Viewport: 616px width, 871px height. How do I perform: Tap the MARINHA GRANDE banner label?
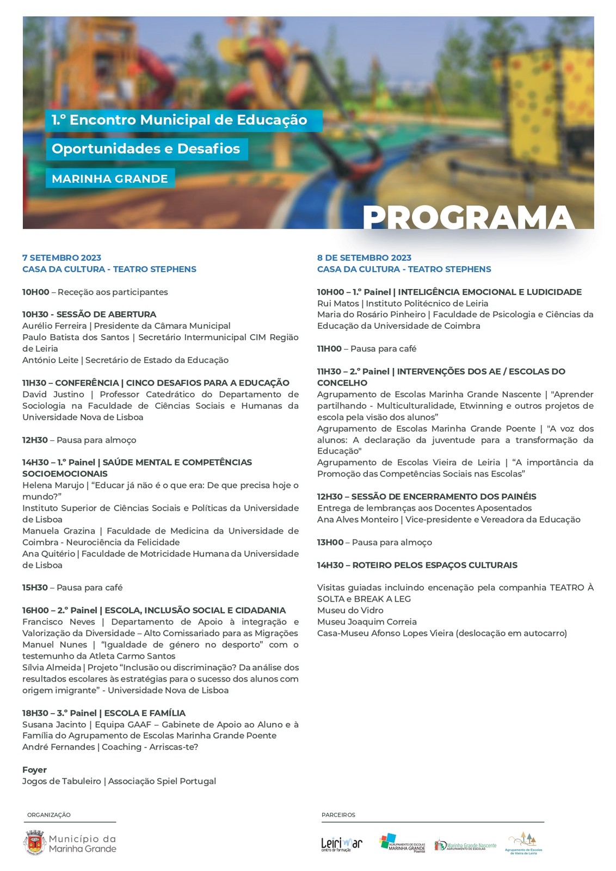(110, 179)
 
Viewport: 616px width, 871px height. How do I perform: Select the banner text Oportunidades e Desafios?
(146, 149)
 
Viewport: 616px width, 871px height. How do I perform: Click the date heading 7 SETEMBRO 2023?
(61, 257)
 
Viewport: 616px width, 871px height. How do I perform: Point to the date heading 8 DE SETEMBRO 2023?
(364, 257)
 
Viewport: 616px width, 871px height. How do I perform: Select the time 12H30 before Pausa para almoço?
(35, 440)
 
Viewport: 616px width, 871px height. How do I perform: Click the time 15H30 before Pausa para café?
(35, 587)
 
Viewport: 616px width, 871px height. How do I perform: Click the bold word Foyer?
(34, 770)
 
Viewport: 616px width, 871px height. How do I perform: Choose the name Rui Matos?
(338, 303)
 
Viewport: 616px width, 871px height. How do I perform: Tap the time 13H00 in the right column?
(330, 542)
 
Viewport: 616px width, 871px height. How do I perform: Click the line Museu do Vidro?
(350, 610)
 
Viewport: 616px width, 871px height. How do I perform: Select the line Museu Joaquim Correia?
(367, 622)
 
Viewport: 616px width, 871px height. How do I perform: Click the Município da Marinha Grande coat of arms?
(35, 843)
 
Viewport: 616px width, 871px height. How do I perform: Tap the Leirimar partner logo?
(341, 844)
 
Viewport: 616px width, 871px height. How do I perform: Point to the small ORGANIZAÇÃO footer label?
(49, 815)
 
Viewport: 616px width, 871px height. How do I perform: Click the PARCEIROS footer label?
(338, 815)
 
